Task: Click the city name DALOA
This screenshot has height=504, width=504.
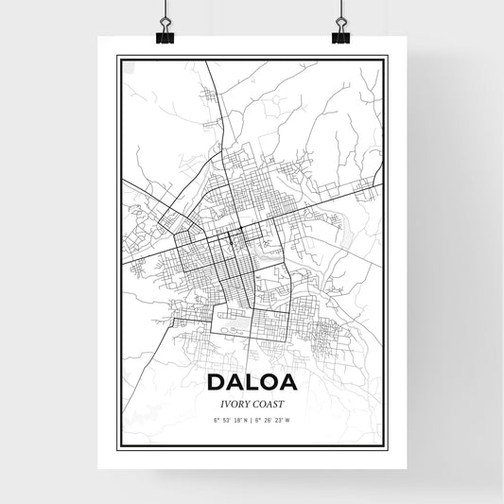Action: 252,382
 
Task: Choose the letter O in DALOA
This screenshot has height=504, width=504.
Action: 269,382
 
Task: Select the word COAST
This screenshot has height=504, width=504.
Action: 269,402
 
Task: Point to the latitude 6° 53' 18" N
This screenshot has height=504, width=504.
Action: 229,418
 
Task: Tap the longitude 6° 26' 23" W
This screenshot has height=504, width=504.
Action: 275,418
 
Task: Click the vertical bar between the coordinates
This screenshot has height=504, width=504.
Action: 252,418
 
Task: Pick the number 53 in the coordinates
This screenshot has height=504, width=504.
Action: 226,418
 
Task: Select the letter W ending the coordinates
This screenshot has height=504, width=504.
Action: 289,418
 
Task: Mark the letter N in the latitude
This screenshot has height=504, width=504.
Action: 245,418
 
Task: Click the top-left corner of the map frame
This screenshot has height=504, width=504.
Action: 117,57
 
